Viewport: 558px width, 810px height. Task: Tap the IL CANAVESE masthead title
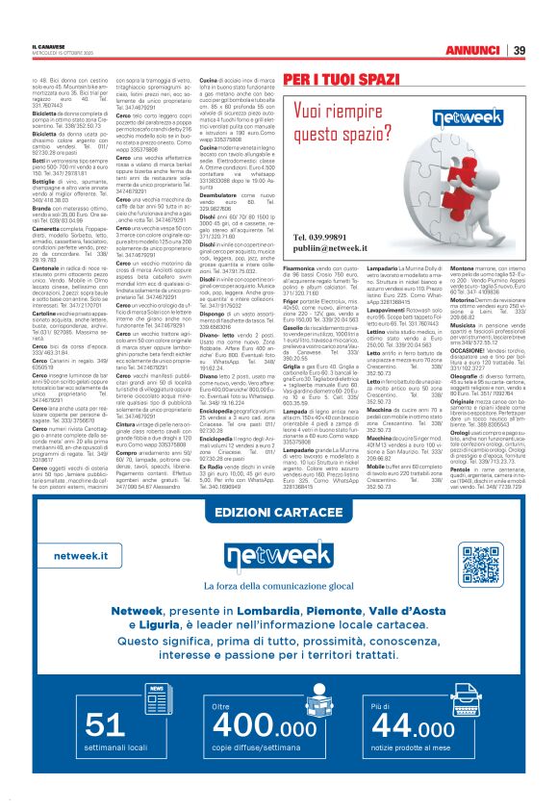click(x=47, y=46)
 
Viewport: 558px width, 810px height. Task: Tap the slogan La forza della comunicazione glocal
click(x=278, y=586)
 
